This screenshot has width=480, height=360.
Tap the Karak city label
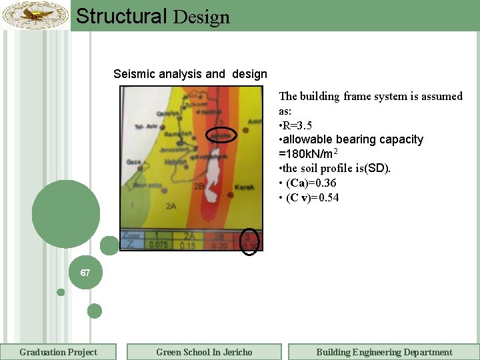point(243,187)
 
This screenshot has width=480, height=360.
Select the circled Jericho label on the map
point(221,135)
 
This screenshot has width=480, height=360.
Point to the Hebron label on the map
point(176,162)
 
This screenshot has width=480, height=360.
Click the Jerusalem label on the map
point(170,151)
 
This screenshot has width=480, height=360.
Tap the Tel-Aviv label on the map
point(145,126)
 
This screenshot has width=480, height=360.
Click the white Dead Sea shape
point(211,177)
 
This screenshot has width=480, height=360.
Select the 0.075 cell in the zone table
point(158,245)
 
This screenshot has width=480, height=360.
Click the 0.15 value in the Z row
point(189,245)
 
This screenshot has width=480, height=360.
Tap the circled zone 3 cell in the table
point(249,241)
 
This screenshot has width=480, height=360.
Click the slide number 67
point(85,273)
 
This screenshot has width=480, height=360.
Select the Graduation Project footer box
point(59,352)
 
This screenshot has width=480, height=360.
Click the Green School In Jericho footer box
point(204,352)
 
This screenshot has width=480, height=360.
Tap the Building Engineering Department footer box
point(384,352)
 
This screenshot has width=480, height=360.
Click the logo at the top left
point(35,15)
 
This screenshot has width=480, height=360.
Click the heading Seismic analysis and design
point(190,74)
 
